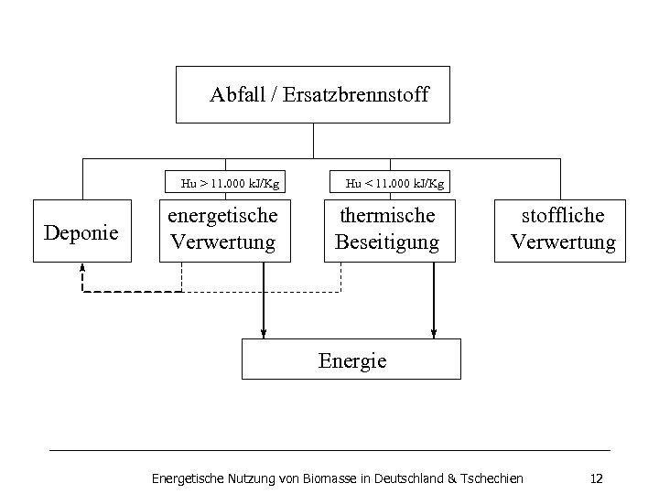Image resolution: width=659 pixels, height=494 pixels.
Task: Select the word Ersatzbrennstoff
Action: tap(355, 94)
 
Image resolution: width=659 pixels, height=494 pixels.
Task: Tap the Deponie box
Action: tap(81, 232)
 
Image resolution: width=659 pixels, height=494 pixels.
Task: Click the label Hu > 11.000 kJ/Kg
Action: tap(230, 183)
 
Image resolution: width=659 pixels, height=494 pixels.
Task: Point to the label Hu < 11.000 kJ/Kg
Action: tap(394, 183)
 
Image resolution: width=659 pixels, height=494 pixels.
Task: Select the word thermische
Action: tap(387, 216)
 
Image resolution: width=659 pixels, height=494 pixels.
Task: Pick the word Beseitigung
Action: tap(387, 242)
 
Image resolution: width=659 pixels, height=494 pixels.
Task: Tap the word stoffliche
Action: tap(563, 216)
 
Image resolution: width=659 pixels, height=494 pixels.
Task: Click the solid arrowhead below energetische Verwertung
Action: tap(264, 331)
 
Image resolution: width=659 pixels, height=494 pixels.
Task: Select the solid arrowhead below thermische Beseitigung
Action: tap(433, 331)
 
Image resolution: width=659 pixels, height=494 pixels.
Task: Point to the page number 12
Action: tap(597, 478)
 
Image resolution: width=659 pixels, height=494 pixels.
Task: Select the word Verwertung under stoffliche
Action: tap(563, 242)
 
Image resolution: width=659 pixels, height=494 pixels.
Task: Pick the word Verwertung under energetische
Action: tap(222, 242)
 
